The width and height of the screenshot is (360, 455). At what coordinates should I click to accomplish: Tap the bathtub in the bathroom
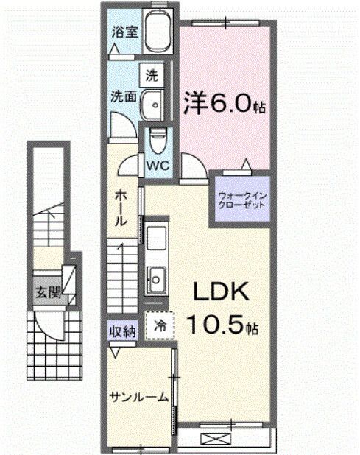coord(158,32)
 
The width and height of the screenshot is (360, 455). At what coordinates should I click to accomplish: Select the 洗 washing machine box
coord(152,74)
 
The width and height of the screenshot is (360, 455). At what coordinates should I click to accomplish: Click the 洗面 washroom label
coord(122,96)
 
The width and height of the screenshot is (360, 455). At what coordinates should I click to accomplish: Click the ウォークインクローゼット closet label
coord(241,201)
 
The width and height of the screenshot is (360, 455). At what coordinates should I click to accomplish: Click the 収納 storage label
coord(123,331)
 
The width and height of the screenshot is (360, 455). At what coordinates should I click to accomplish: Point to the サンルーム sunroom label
coord(138,398)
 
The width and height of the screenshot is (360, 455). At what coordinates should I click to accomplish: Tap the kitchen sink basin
coord(157,278)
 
